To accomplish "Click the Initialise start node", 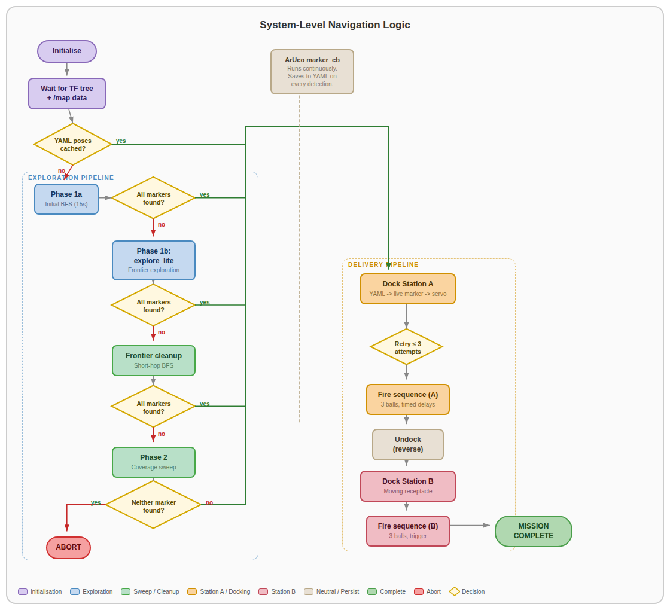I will click(x=67, y=51).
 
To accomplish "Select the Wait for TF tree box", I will click(x=67, y=93).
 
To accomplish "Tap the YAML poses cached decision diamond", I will click(x=73, y=144).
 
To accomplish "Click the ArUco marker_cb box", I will click(x=312, y=72).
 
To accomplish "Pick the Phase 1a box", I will click(x=66, y=199).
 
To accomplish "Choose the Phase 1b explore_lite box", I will click(x=154, y=260).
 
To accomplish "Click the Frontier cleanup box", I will click(x=154, y=361).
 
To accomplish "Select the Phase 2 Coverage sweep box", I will click(x=154, y=462).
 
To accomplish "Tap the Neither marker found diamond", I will click(x=154, y=505).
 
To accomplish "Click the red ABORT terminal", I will click(x=69, y=547).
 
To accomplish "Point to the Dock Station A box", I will click(x=408, y=289).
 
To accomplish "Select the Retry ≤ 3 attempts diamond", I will click(x=407, y=347).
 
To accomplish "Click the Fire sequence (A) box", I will click(x=408, y=399).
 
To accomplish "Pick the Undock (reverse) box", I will click(x=408, y=444).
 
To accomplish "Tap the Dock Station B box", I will click(x=408, y=486).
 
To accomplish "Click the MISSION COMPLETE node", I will click(x=534, y=531).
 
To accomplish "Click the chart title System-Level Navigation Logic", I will click(x=335, y=25).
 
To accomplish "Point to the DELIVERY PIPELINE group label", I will click(x=383, y=264).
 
